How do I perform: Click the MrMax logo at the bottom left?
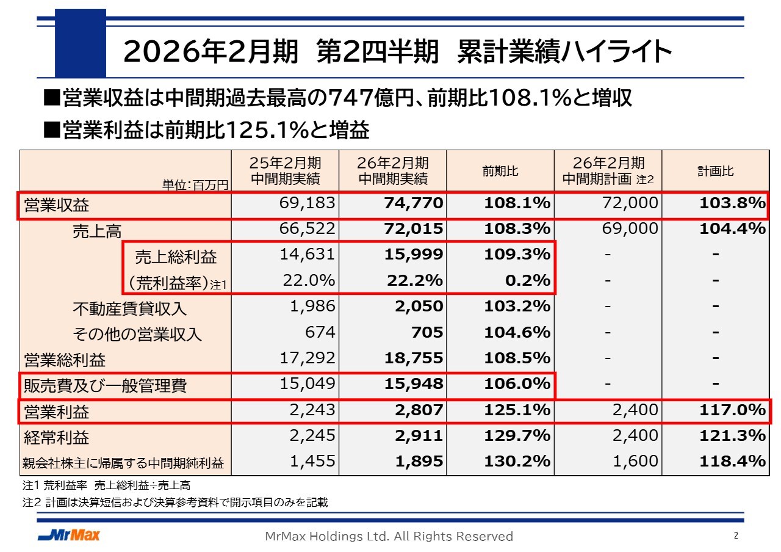(x=68, y=536)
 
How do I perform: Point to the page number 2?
(x=736, y=536)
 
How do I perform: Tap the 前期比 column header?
(x=500, y=172)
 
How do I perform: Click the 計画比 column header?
(x=716, y=172)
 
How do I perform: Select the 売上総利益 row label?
(x=176, y=257)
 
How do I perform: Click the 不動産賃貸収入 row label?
(x=129, y=308)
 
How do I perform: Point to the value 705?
(x=428, y=332)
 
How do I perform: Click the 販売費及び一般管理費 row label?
(x=105, y=386)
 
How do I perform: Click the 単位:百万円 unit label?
(x=195, y=184)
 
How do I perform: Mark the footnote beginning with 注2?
(x=175, y=503)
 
